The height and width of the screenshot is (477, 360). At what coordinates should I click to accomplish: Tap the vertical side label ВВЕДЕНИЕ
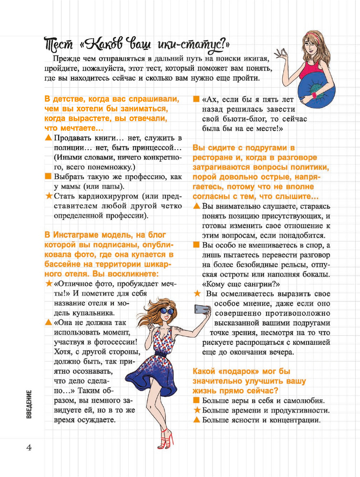click(29, 404)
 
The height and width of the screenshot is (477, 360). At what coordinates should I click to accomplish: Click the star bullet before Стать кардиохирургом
click(48, 196)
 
